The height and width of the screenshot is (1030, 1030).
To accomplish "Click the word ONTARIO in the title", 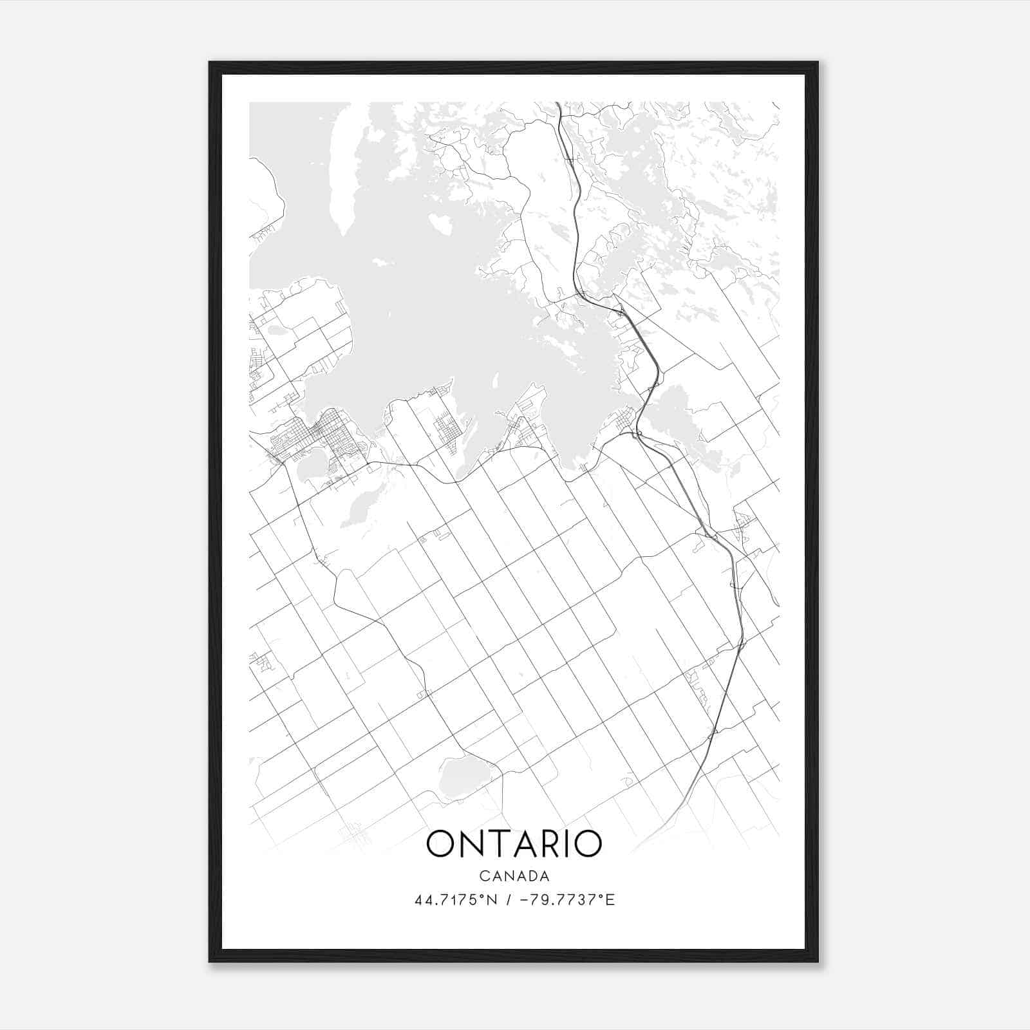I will point(514,843).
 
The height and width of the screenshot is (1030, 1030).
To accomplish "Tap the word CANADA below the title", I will point(514,876).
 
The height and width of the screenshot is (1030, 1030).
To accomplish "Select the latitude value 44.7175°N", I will point(456,900).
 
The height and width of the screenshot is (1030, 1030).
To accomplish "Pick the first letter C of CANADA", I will point(483,876).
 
